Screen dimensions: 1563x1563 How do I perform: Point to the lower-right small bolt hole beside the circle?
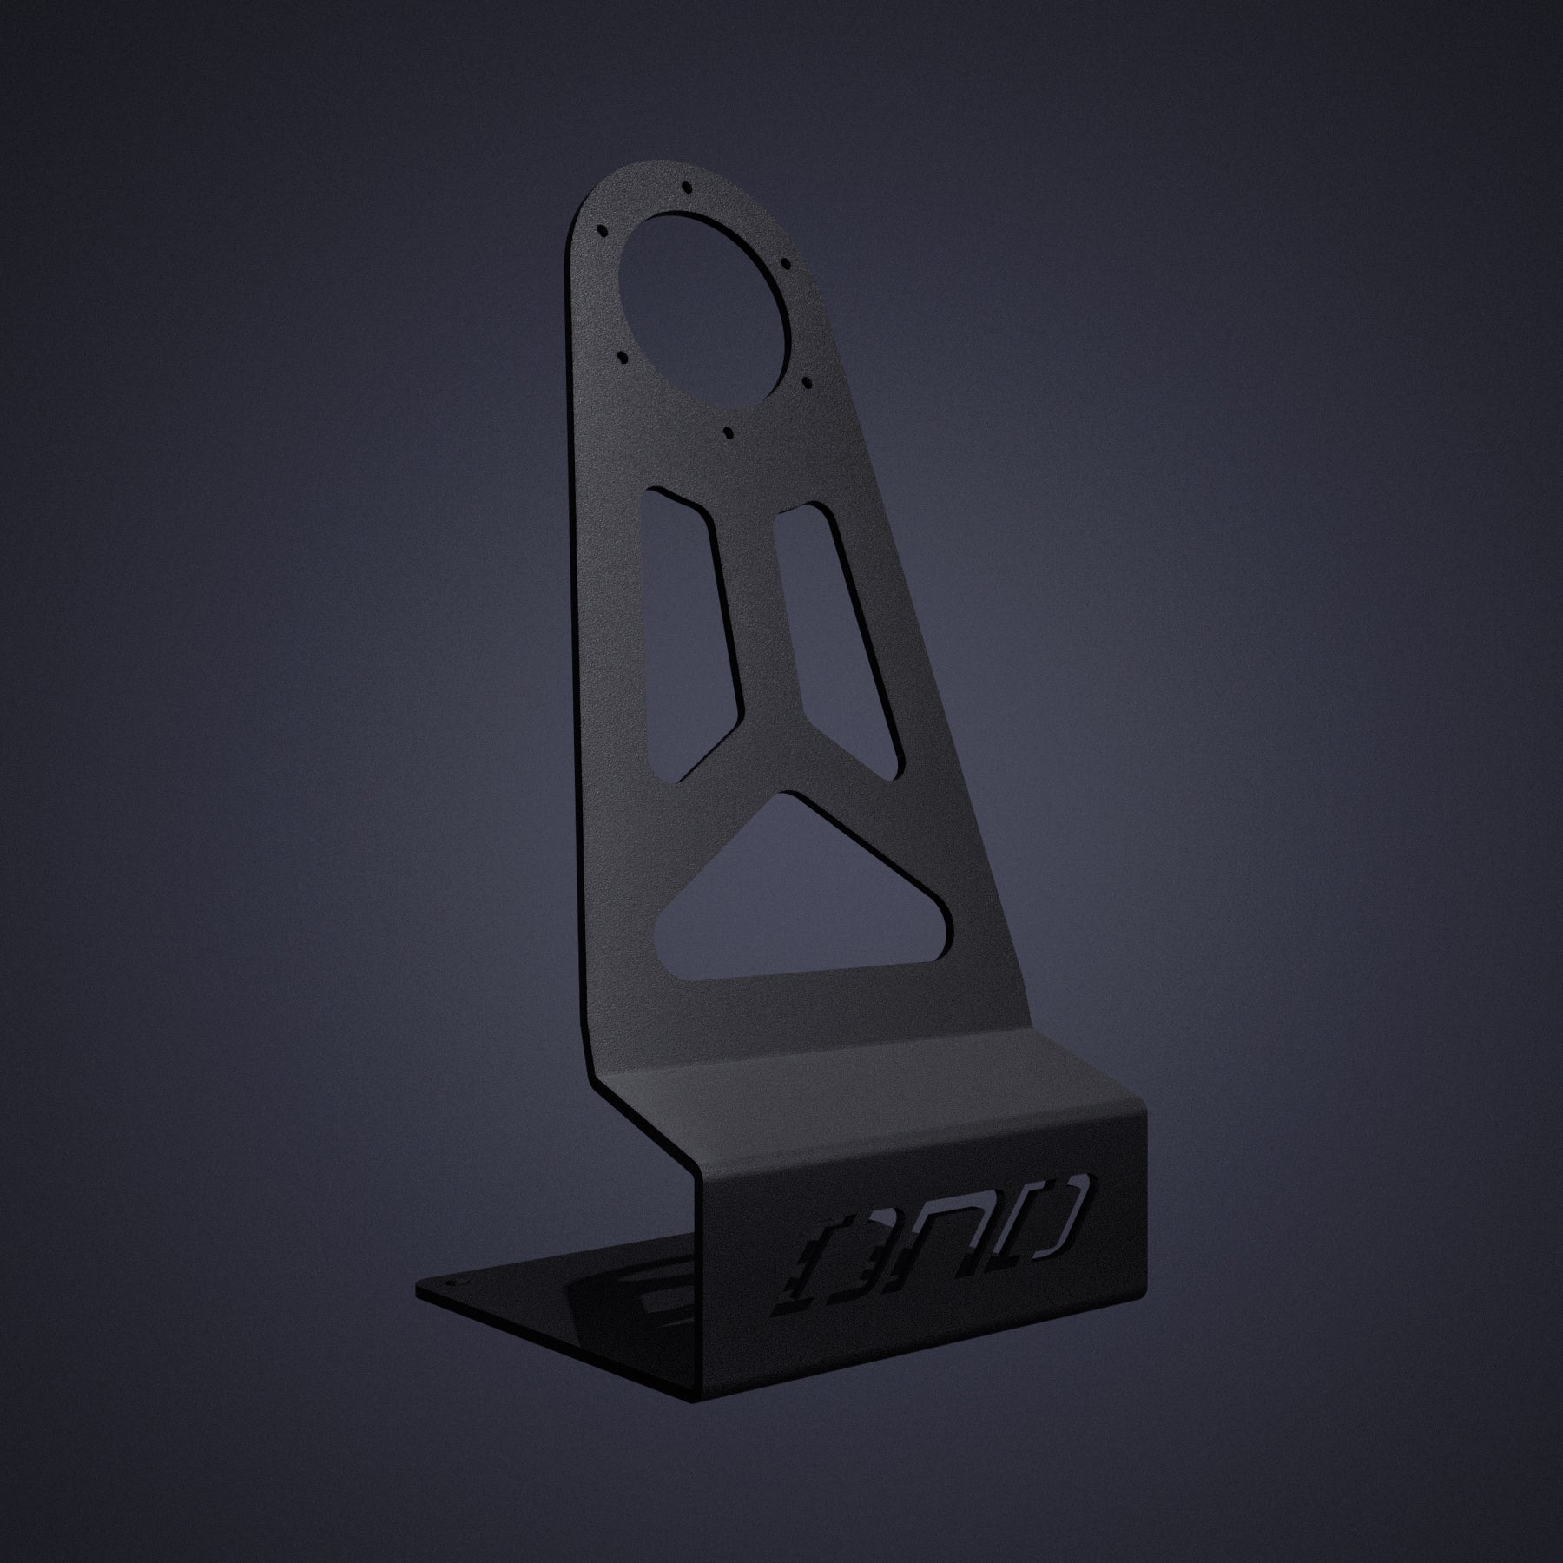807,380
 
